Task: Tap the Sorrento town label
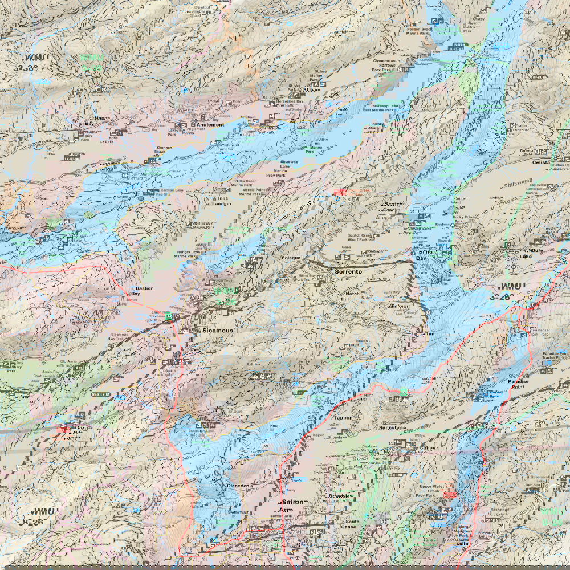(348, 272)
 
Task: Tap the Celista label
(557, 162)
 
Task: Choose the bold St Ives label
(311, 89)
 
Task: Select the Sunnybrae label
(392, 427)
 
